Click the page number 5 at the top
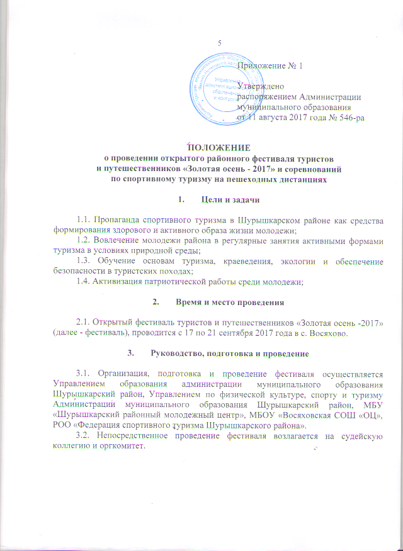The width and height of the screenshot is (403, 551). coord(219,43)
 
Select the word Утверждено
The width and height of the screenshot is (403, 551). coord(261,86)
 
